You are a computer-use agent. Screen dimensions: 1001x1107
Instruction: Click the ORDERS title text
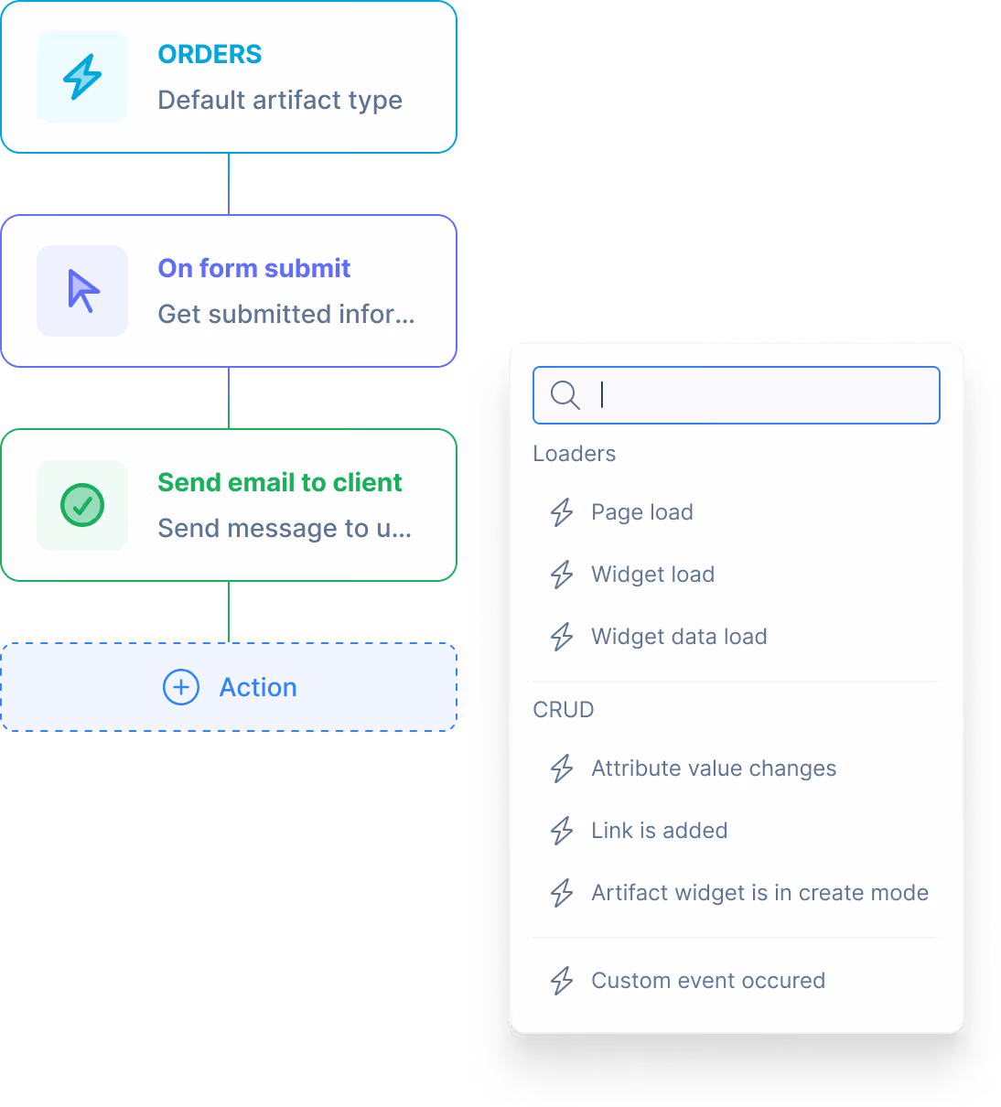coord(210,55)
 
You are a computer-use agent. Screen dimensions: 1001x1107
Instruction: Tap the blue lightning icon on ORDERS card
coord(82,77)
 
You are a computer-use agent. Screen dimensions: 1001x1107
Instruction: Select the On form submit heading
coord(254,268)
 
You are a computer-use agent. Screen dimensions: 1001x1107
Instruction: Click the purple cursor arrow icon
coord(83,291)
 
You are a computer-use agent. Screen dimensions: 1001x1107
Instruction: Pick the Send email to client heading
coord(279,482)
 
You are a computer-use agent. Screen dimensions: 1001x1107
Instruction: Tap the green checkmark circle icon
coord(82,505)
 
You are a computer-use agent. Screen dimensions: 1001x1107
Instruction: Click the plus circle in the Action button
coord(181,687)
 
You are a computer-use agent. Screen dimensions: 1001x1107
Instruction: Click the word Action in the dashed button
coord(258,687)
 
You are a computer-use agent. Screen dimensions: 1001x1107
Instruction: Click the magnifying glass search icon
coord(565,395)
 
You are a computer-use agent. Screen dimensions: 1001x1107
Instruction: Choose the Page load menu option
coord(641,512)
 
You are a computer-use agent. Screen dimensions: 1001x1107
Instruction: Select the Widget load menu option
coord(652,575)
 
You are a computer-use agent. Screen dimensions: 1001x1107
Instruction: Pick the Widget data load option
coord(679,637)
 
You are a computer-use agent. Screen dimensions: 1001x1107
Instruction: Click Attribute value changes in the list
coord(714,768)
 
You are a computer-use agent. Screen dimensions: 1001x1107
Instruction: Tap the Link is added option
coord(659,831)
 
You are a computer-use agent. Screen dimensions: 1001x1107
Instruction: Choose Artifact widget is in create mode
coord(759,893)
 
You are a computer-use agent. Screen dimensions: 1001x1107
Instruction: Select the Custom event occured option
coord(708,981)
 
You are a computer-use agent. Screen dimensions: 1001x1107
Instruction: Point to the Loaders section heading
coord(575,454)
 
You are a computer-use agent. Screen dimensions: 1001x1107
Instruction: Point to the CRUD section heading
coord(564,710)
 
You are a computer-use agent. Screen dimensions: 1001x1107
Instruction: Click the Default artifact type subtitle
coord(280,100)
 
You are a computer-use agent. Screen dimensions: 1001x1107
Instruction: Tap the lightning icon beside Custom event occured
coord(562,981)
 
